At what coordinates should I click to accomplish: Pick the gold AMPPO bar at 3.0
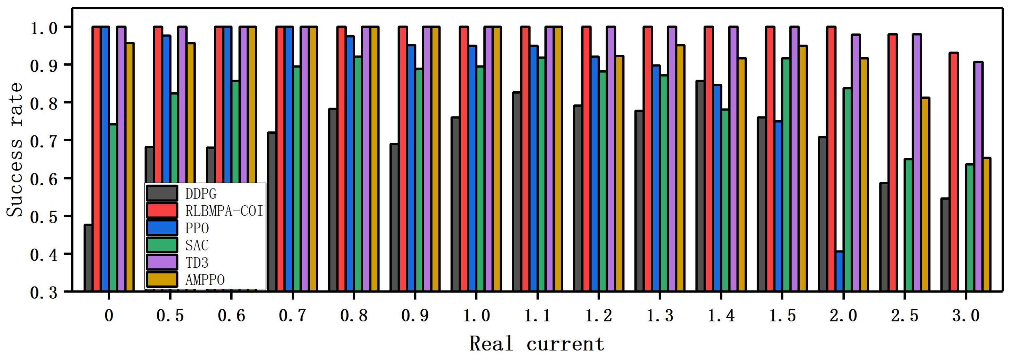(987, 224)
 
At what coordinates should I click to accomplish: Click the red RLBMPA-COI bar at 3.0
(953, 172)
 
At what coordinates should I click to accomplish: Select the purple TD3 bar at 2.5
(917, 163)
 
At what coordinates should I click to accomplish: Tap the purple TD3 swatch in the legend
(162, 262)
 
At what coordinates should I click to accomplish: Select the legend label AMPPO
(205, 280)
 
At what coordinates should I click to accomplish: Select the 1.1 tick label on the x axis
(537, 315)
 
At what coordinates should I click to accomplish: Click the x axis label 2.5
(905, 315)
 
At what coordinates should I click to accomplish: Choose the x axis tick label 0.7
(292, 315)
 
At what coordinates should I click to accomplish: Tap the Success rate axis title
(15, 149)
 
